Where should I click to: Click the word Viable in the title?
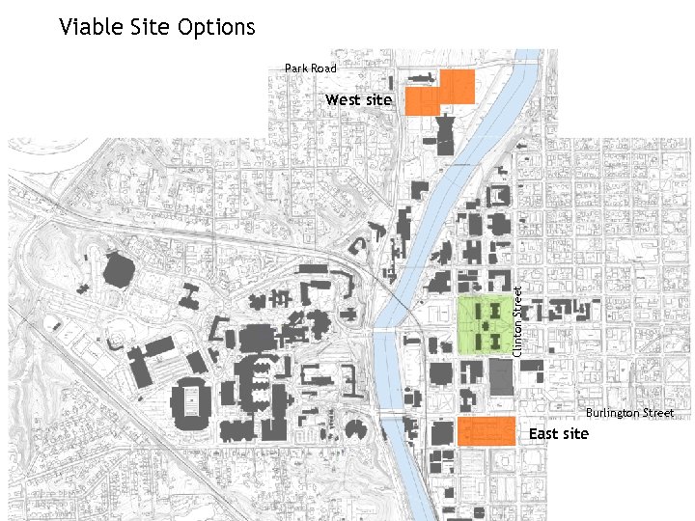[x=87, y=26]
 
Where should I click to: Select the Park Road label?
[x=311, y=69]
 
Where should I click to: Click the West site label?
[x=358, y=99]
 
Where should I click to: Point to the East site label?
[x=558, y=434]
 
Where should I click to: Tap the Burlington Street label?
[x=630, y=413]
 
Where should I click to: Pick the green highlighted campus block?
[x=486, y=326]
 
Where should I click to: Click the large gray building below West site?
[x=445, y=134]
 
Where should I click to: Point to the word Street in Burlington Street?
[x=655, y=413]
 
